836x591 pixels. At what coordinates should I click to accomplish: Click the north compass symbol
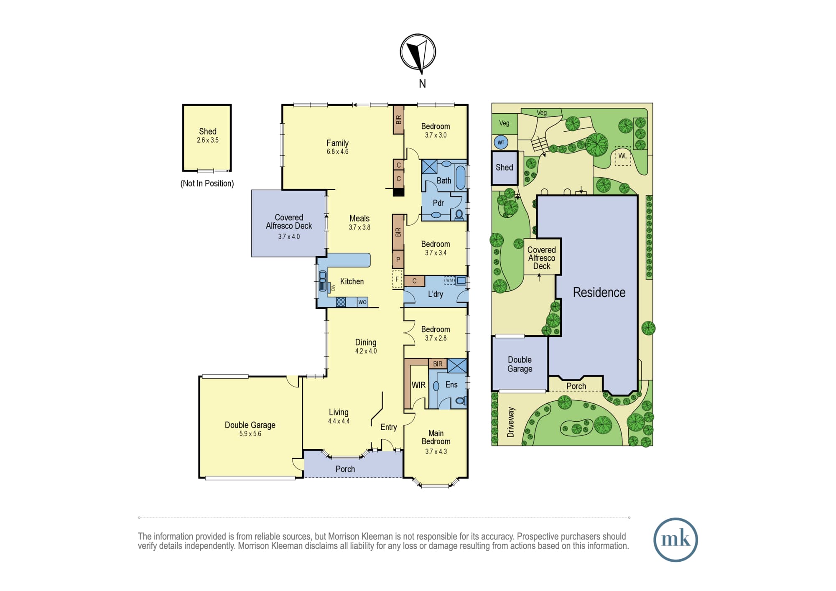point(418,53)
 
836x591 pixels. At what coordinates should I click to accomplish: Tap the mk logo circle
point(675,539)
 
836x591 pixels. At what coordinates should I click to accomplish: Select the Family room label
point(337,143)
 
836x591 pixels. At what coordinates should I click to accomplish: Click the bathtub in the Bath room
point(460,178)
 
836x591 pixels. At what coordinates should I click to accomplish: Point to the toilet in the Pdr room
point(459,215)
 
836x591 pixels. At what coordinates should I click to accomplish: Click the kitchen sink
point(323,281)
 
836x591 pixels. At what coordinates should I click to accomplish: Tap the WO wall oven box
point(362,302)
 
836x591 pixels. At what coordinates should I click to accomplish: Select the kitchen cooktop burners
point(341,302)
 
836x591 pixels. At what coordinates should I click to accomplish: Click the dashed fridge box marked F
point(397,279)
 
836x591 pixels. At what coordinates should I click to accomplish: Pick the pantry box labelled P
point(398,260)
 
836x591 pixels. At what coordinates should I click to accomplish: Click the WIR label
point(418,385)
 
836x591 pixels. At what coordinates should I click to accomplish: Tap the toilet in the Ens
point(461,400)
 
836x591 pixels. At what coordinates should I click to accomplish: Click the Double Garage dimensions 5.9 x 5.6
point(250,434)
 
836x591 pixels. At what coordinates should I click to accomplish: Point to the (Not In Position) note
point(207,183)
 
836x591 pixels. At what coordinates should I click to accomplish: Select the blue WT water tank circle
point(501,143)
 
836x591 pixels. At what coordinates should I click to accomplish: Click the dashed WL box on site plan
point(623,156)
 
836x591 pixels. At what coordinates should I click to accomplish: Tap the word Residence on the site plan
point(599,293)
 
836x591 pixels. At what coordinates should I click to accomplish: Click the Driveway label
point(510,422)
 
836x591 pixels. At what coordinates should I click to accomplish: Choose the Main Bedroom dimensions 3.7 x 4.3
point(436,451)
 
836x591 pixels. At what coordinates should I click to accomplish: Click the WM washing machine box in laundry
point(449,280)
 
